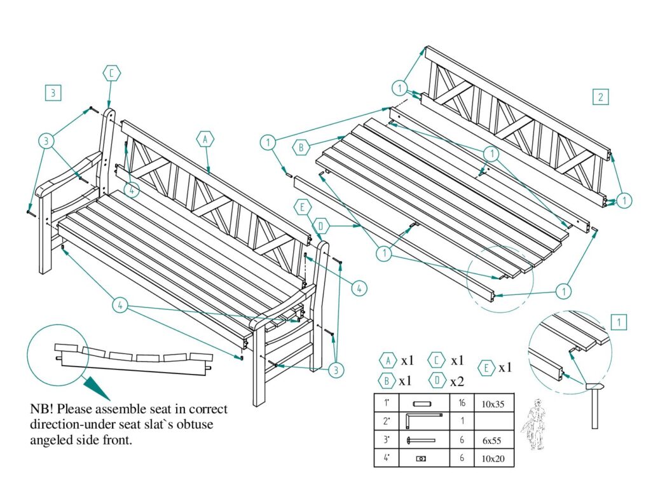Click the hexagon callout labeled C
110,74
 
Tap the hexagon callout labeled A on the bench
204,139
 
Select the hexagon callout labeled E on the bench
303,207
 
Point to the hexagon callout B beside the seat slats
301,148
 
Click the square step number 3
53,93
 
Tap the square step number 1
618,322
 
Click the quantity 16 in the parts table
462,403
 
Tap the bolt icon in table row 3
422,440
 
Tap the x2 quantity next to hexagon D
456,382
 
